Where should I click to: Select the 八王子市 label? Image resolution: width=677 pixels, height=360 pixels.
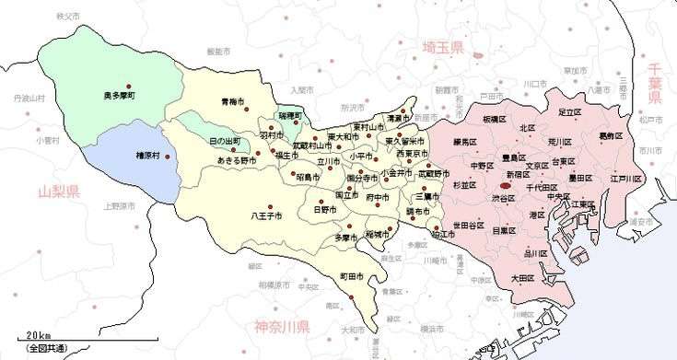(x=267, y=216)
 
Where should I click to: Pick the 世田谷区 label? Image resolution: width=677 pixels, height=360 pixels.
(x=443, y=226)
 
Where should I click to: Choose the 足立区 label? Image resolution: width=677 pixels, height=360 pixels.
(x=570, y=111)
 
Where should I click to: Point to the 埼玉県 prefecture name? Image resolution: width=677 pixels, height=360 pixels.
(x=443, y=48)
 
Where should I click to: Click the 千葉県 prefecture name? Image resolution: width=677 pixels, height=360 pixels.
(x=655, y=77)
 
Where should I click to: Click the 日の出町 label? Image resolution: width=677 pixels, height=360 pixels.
(x=226, y=141)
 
